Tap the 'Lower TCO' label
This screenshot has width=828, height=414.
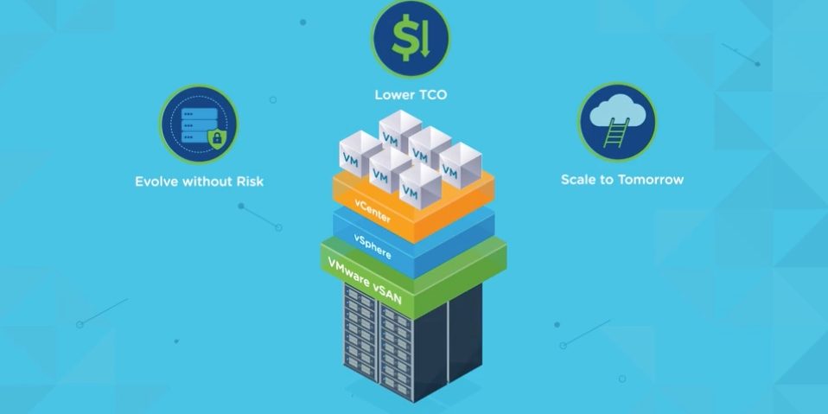pos(411,93)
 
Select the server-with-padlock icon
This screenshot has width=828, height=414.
pos(199,124)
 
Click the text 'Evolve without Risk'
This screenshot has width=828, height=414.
pos(199,182)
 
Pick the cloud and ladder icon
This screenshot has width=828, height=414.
pos(616,122)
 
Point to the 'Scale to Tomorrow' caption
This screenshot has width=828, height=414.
pos(621,180)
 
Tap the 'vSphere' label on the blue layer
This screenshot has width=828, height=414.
pos(373,245)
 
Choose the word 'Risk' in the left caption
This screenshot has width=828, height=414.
pos(249,182)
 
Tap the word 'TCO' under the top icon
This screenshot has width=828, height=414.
pos(433,93)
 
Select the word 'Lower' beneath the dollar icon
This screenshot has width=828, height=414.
pos(394,93)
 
